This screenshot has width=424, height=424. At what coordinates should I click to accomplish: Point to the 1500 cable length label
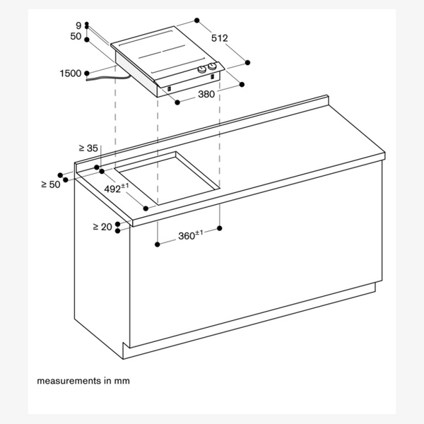pos(71,73)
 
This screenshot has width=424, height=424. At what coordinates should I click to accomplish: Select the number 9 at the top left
pos(78,25)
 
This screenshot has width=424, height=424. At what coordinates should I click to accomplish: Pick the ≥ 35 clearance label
pos(88,148)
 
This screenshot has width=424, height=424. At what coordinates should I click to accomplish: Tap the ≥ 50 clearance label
pos(50,184)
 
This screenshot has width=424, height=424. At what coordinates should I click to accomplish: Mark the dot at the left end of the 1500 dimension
pos(86,73)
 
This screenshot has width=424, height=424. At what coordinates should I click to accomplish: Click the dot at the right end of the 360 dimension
pos(220,228)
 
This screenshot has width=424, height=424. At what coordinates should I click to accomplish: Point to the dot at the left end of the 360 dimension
pos(155,245)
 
